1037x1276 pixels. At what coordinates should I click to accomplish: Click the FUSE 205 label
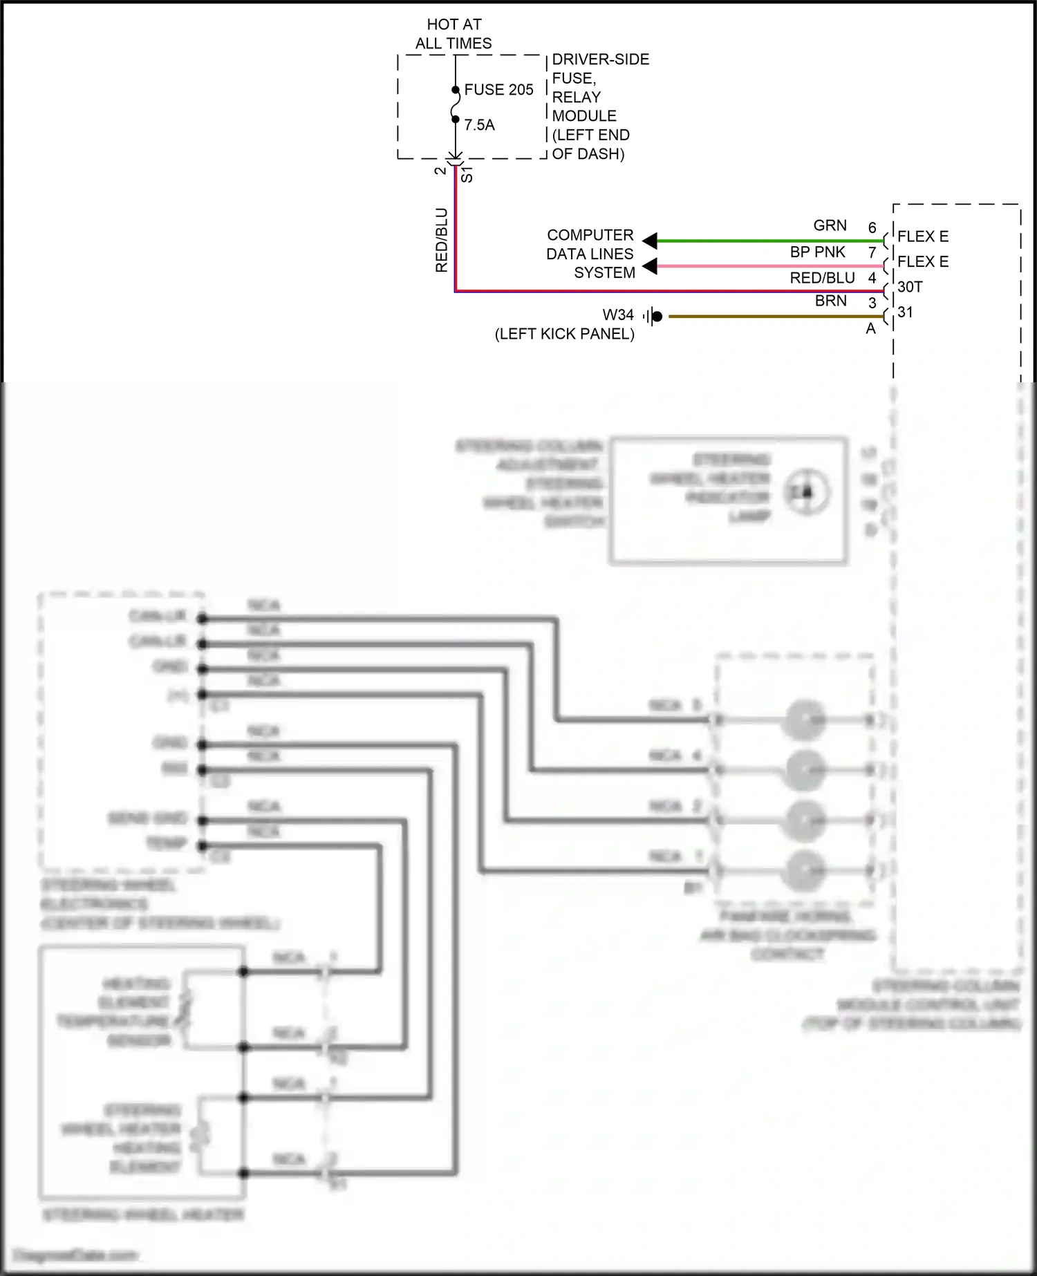click(498, 90)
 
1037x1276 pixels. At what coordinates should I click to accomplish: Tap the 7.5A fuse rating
click(479, 125)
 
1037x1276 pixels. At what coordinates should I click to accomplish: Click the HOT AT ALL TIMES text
click(454, 34)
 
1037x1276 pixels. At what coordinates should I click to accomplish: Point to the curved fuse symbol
click(455, 105)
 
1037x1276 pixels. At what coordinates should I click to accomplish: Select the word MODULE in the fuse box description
click(583, 116)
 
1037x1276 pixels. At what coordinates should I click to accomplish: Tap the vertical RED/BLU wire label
click(442, 240)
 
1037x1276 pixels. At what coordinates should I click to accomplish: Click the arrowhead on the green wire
click(650, 241)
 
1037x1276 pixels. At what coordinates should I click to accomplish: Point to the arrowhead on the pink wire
click(650, 266)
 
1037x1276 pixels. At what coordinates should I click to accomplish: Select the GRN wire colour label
click(830, 225)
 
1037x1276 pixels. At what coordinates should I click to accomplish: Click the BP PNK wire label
click(817, 252)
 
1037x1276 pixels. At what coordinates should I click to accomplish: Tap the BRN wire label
click(830, 301)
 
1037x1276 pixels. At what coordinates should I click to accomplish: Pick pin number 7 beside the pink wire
click(872, 253)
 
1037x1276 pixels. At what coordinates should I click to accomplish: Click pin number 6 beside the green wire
click(872, 227)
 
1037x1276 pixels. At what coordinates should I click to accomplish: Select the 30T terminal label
click(910, 287)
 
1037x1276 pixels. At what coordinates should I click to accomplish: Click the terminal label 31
click(906, 312)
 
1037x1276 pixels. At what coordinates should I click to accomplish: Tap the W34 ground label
click(618, 315)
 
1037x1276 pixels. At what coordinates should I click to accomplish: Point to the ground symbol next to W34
click(653, 317)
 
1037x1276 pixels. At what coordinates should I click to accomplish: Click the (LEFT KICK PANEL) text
click(564, 334)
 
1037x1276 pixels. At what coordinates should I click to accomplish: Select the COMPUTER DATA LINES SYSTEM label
click(590, 254)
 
